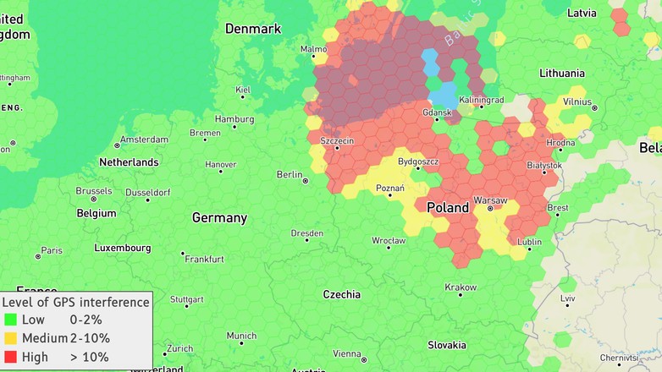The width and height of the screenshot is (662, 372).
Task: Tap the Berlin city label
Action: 289,174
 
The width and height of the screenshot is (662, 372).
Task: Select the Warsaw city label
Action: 490,200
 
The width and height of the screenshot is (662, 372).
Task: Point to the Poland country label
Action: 447,207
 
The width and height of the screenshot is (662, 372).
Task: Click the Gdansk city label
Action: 437,112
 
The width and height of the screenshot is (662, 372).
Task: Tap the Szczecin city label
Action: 337,140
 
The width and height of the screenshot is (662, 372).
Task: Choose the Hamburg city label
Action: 234,119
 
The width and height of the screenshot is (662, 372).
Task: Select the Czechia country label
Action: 341,294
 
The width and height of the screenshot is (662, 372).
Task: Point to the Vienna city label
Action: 347,353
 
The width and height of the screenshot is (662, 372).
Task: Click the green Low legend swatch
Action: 10,320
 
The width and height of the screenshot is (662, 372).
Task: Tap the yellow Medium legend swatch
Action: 10,338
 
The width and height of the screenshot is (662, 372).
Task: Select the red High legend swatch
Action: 10,357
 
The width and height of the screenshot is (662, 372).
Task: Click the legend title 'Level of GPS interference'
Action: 75,302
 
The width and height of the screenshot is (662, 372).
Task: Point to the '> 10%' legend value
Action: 89,357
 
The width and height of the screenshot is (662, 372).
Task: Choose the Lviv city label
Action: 567,298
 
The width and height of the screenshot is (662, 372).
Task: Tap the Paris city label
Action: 52,250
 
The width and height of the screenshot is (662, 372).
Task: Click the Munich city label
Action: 241,336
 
